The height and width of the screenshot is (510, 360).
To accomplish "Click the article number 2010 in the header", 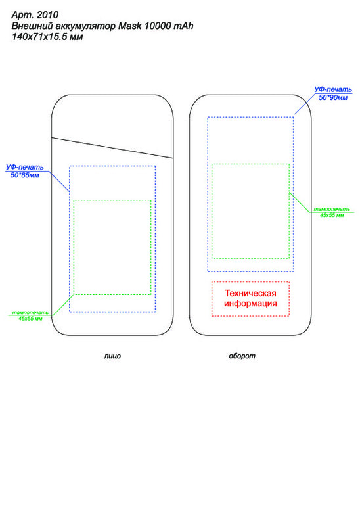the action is [48, 15].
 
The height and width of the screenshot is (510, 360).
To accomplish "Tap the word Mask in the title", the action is [130, 26].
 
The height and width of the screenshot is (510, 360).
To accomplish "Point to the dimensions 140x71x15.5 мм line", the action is [47, 37].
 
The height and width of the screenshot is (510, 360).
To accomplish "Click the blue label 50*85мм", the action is [25, 175].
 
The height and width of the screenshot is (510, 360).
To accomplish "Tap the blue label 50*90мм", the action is [333, 97].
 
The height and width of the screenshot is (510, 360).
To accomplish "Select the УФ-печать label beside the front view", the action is [25, 167].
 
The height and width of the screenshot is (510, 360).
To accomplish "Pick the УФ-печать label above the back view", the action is [333, 89].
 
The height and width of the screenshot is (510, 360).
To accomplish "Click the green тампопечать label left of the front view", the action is [30, 313].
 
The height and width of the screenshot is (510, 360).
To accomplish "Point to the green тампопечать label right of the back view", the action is [332, 209].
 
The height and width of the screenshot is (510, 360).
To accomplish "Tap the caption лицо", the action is [112, 356].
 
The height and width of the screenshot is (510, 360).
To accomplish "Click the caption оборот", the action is [242, 356].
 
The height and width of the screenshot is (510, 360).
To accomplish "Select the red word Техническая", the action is [250, 293].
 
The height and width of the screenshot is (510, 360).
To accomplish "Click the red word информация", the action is [250, 304].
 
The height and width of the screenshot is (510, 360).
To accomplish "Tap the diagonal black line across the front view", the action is [112, 148].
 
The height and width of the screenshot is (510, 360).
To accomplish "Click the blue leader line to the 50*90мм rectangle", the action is [305, 104].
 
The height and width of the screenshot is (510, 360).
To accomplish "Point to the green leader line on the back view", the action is [300, 202].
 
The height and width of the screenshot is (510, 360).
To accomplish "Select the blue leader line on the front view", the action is [60, 181].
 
